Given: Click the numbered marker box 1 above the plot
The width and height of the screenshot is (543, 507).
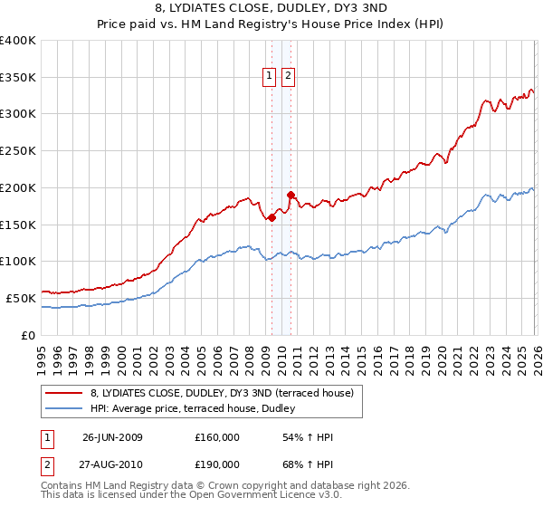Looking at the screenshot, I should tap(270, 77).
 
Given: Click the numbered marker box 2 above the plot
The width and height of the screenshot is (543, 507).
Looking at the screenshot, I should tap(288, 77).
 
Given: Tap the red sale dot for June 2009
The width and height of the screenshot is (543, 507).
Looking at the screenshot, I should tap(271, 217).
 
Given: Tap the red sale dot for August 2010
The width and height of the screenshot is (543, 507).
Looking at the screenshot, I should tap(291, 195).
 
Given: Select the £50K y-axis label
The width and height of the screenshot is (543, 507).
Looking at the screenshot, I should tap(21, 298).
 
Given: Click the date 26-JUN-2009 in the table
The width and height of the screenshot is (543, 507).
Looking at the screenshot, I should tap(112, 437).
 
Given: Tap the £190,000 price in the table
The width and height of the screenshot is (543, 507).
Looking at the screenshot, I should tap(217, 464).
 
